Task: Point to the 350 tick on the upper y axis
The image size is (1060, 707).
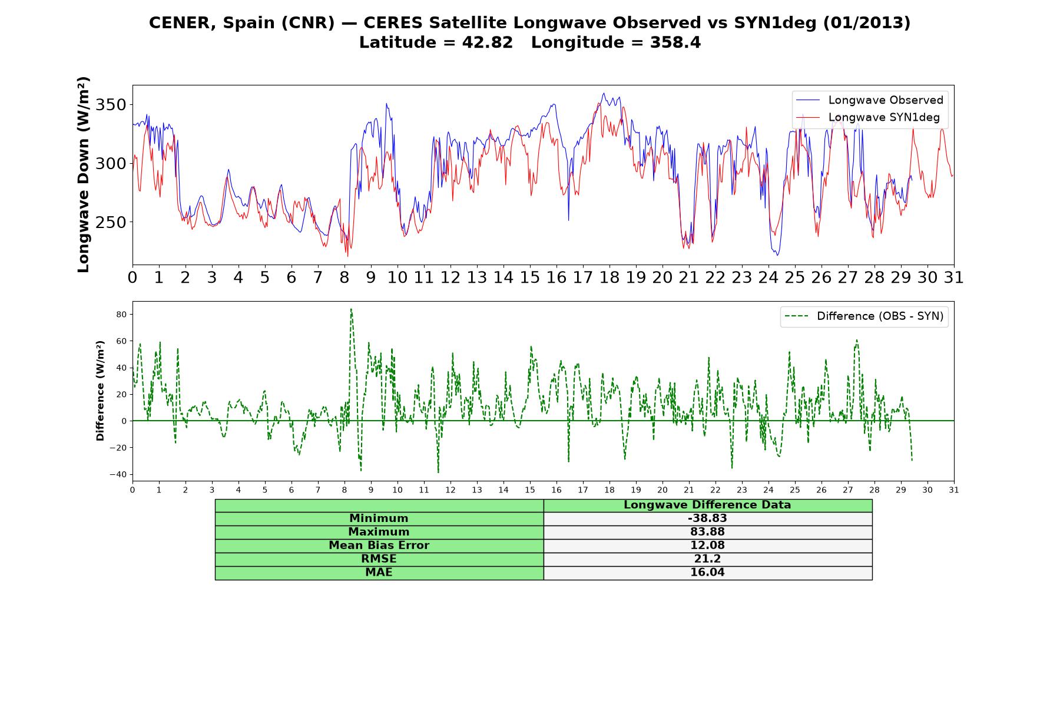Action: (111, 105)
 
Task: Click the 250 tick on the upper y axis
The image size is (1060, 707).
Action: (111, 222)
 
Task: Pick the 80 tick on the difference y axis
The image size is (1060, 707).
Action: (121, 315)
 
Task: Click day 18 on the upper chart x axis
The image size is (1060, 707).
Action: (609, 277)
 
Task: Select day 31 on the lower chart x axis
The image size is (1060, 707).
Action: (954, 490)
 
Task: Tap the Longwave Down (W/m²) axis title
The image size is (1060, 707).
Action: (83, 174)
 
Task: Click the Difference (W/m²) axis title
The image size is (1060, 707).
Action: (100, 391)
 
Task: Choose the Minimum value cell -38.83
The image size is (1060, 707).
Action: (707, 518)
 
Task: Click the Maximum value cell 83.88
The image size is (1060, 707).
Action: (707, 532)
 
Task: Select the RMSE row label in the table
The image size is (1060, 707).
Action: (379, 559)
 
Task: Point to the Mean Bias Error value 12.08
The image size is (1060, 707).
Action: (707, 546)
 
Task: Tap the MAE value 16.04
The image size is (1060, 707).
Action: (707, 573)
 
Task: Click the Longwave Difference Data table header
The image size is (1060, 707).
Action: (707, 505)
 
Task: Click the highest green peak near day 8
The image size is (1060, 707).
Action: (351, 309)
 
